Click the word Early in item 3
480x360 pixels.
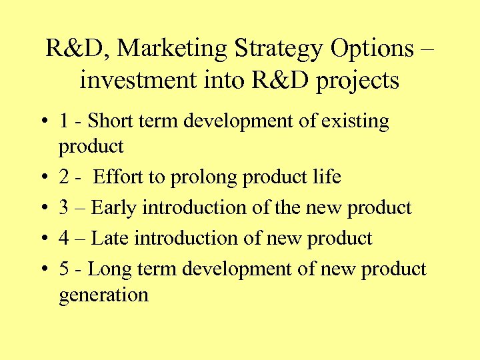click(x=111, y=208)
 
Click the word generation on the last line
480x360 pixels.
click(x=103, y=295)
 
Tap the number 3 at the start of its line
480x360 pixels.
click(x=64, y=208)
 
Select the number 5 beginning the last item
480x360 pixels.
click(x=64, y=269)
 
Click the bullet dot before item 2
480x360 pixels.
click(x=43, y=178)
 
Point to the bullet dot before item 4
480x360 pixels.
click(x=43, y=239)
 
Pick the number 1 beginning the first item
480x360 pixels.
click(x=64, y=121)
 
